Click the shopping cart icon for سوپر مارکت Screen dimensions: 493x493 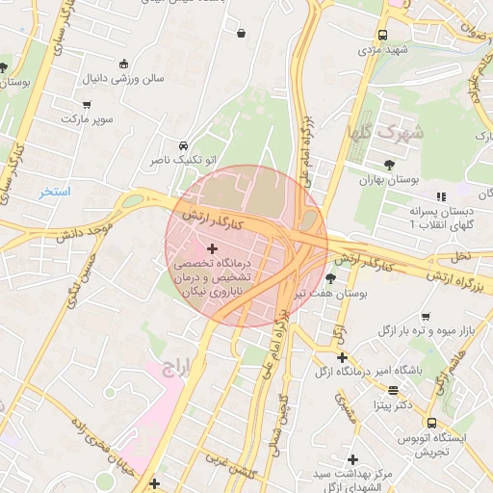pyautogui.click(x=88, y=104)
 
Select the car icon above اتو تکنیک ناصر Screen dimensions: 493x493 pyautogui.click(x=184, y=145)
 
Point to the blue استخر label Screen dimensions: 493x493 pyautogui.click(x=55, y=192)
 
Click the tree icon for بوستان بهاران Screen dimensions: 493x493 pyautogui.click(x=389, y=165)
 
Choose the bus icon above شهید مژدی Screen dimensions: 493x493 pyautogui.click(x=383, y=36)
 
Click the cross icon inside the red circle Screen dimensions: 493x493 pyautogui.click(x=213, y=249)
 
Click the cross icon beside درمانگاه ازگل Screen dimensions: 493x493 pyautogui.click(x=342, y=357)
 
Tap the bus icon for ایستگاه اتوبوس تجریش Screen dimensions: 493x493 pyautogui.click(x=430, y=422)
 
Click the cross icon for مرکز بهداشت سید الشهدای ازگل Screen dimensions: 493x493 pyautogui.click(x=353, y=459)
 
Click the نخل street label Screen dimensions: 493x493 pyautogui.click(x=462, y=257)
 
